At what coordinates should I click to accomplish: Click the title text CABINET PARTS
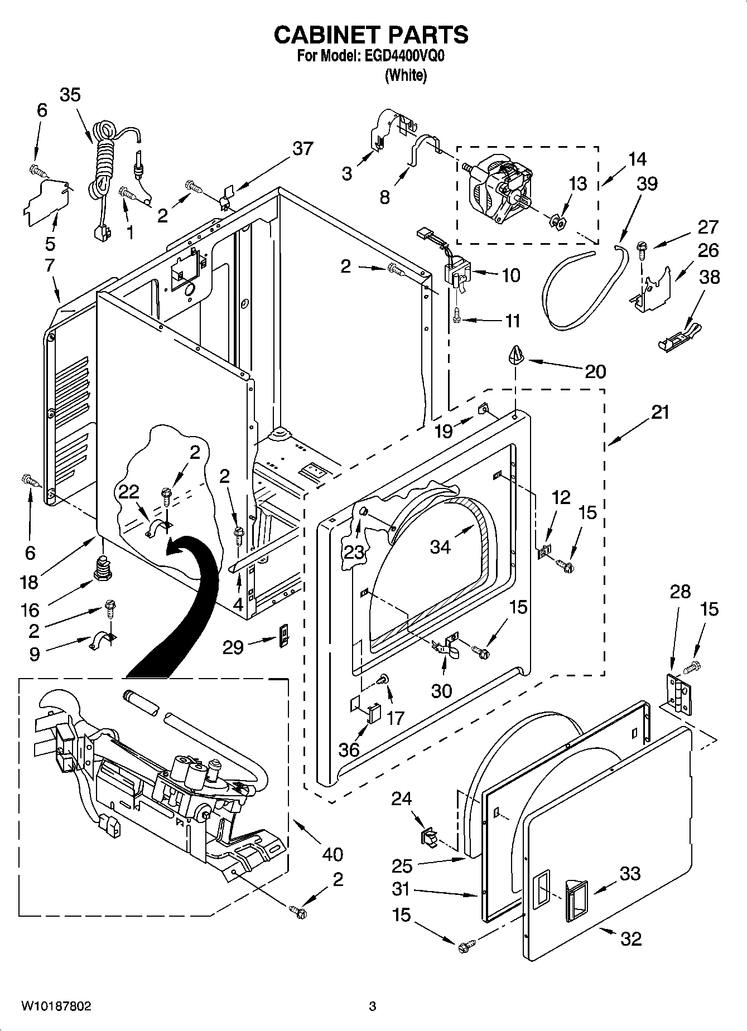click(x=371, y=35)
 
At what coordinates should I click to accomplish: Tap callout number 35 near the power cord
click(x=70, y=95)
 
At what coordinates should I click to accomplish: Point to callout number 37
click(x=302, y=149)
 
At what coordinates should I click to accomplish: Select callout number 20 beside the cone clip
click(x=595, y=371)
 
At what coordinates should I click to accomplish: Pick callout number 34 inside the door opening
click(x=440, y=547)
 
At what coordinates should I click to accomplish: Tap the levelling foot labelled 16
click(x=101, y=567)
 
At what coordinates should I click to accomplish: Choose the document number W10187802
click(x=56, y=1006)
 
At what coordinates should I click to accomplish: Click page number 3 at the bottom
click(x=373, y=1006)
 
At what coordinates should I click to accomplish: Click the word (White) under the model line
click(x=406, y=75)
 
